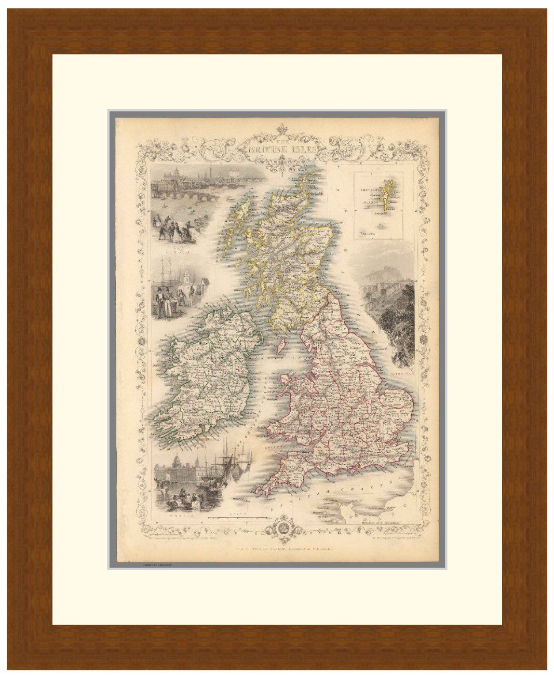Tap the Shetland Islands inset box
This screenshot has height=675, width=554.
[x=382, y=206]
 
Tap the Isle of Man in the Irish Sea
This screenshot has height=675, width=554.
[x=281, y=344]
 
